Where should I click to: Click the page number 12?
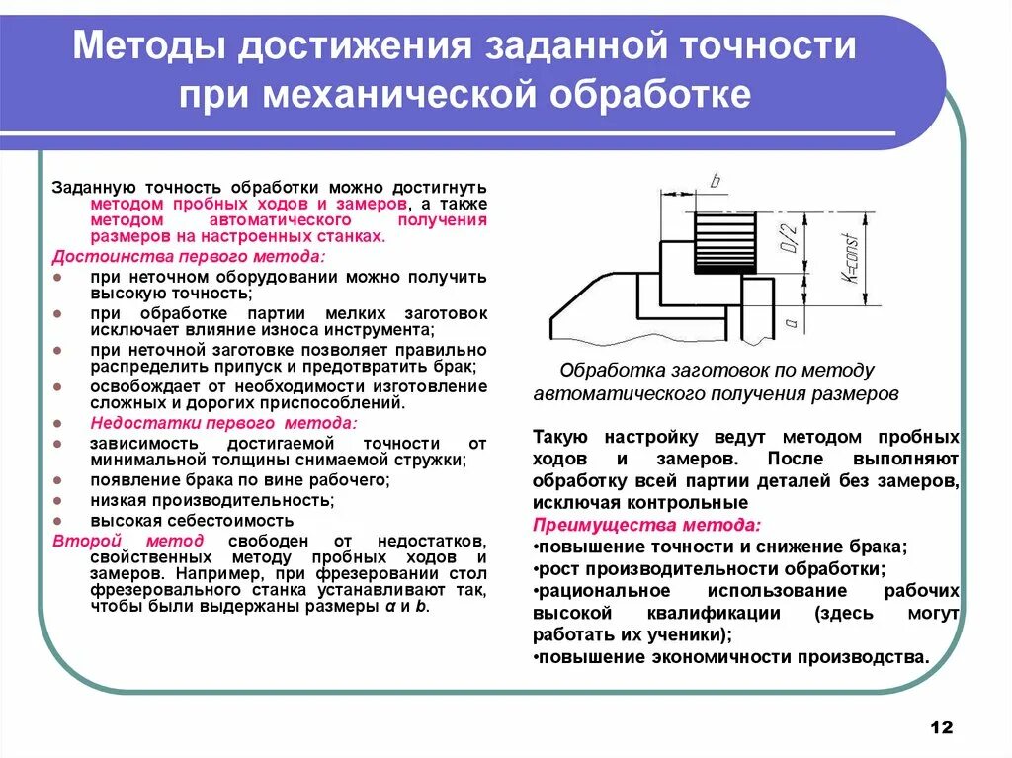[941, 727]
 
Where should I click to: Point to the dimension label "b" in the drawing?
[715, 181]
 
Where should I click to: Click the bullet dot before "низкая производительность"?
[61, 501]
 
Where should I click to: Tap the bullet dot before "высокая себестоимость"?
[61, 520]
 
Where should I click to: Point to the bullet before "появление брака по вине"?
[61, 481]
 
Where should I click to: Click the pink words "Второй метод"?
[128, 541]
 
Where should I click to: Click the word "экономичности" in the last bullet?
[712, 656]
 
